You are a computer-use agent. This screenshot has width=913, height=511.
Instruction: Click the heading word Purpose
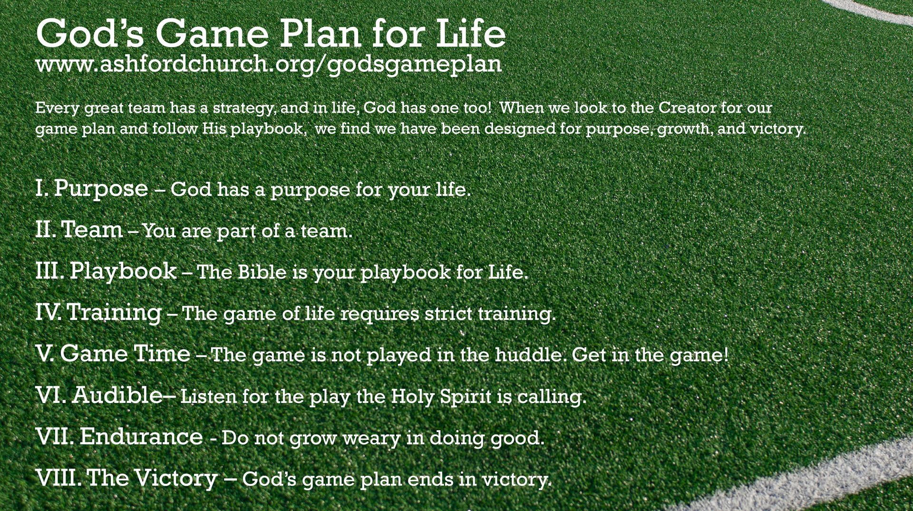[x=101, y=189]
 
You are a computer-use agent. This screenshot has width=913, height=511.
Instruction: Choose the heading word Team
[x=92, y=230]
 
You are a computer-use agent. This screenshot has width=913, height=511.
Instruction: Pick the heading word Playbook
[x=123, y=272]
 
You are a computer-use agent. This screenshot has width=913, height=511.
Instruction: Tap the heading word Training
[x=114, y=313]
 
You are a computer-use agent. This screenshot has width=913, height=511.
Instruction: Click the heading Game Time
[x=125, y=354]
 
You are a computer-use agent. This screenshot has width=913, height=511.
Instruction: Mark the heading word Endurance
[x=141, y=437]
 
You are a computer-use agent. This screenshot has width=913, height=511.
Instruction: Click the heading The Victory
[x=152, y=478]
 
